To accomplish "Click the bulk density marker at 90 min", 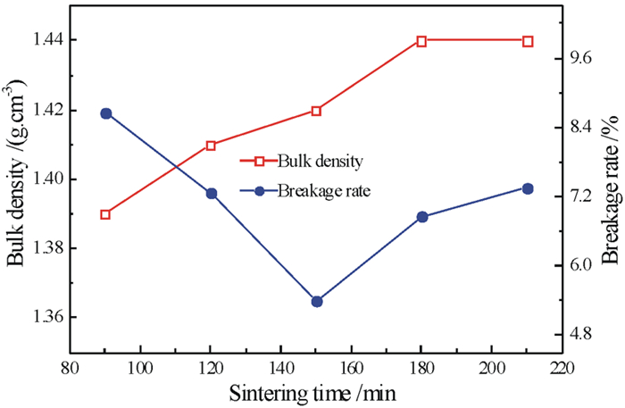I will [x=105, y=214].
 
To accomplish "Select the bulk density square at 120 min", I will [x=211, y=146].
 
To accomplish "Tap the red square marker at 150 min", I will [x=316, y=111].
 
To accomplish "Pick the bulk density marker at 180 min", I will [x=421, y=41].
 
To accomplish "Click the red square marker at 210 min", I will [x=528, y=41].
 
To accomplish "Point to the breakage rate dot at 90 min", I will [x=105, y=113].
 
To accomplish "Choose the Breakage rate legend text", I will [x=323, y=190].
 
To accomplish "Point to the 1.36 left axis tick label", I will [x=40, y=317].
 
